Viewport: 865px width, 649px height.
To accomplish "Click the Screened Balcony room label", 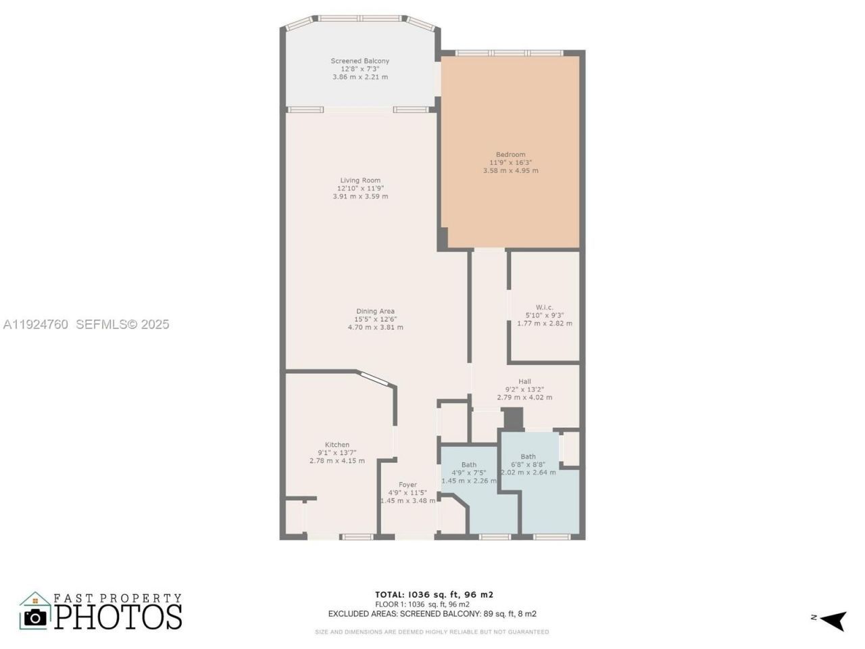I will pos(360,61).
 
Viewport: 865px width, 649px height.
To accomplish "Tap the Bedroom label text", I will pos(510,155).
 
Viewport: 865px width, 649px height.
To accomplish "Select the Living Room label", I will pos(360,181).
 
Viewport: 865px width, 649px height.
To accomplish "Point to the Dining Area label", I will pos(375,312).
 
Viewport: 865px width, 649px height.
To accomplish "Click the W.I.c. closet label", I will pos(544,308).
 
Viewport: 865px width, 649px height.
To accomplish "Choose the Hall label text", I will pos(524,382).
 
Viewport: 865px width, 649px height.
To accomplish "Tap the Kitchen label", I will pos(337,445).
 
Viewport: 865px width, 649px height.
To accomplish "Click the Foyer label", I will pos(407,485).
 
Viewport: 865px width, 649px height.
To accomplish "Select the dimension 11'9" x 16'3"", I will pos(510,163).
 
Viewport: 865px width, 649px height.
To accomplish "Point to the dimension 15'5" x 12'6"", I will pos(375,320).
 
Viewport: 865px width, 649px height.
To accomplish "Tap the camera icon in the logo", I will pos(35,616).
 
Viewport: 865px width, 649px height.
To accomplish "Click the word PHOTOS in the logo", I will pos(118,617).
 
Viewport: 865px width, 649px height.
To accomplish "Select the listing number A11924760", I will pos(36,324).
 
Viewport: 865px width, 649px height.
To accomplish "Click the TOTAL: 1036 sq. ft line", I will pos(434,595).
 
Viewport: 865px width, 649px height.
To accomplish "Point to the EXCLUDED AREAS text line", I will pos(432,614).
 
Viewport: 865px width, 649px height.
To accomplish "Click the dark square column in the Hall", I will pos(514,418).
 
